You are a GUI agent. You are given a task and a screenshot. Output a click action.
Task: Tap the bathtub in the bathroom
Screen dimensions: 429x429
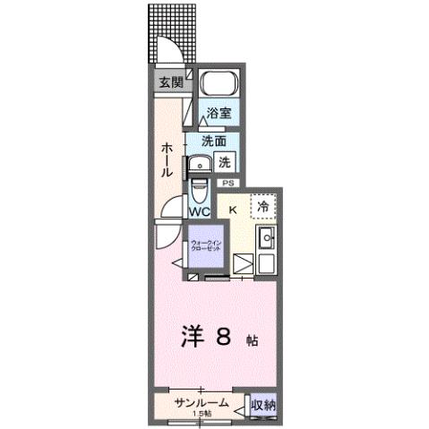click(218, 86)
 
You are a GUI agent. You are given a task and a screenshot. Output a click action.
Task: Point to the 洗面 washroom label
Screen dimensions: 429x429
click(213, 141)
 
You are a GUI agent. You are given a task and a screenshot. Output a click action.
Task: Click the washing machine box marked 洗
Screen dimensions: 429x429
click(226, 163)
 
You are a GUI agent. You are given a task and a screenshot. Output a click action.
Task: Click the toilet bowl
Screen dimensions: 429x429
click(199, 191)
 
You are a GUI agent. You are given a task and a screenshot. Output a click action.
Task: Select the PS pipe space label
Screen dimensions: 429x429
click(227, 184)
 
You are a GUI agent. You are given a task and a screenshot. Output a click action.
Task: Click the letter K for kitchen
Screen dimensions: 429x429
click(233, 210)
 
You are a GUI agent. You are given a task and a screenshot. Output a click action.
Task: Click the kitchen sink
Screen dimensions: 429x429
click(265, 239)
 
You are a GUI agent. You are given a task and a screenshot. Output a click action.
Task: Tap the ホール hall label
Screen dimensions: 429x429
click(167, 159)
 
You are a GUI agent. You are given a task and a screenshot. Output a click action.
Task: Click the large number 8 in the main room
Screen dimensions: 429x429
click(223, 337)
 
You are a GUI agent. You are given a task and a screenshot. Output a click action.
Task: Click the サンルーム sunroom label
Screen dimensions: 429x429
click(201, 404)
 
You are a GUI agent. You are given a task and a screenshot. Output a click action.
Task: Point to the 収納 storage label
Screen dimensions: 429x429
click(262, 405)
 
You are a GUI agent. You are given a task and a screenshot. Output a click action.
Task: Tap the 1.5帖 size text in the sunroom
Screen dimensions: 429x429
click(201, 414)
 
